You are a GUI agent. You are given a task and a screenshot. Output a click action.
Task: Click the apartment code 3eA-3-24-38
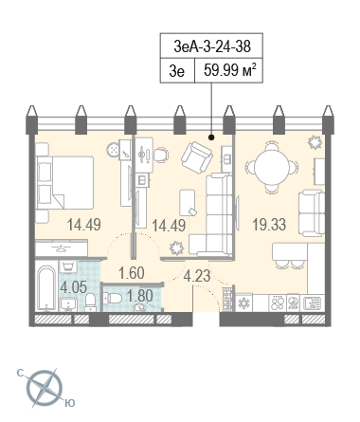[x=212, y=46]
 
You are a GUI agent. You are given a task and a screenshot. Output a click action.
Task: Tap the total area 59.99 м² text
[x=229, y=70]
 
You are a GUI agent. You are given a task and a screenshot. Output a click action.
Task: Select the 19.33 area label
[x=269, y=225]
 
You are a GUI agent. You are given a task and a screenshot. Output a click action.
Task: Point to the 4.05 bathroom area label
[x=73, y=287]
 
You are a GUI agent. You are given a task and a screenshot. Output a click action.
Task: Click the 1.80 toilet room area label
[x=140, y=296]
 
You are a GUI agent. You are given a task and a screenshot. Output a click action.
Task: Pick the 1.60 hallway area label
[x=132, y=273]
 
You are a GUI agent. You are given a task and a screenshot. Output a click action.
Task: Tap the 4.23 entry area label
[x=197, y=276]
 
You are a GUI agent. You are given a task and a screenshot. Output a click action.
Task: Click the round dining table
[x=272, y=167]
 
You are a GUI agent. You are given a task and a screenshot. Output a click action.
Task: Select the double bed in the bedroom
[x=64, y=183]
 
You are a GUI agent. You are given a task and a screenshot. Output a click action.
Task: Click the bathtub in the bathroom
[x=46, y=288]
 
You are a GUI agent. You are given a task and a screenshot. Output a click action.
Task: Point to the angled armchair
[x=197, y=157]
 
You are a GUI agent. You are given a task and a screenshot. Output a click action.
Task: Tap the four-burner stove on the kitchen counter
[x=277, y=303]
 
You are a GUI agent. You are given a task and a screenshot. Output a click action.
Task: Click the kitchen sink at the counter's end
[x=312, y=303]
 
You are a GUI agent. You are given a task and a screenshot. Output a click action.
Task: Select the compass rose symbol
[x=45, y=388]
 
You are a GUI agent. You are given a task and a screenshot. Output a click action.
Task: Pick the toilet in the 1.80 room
[x=113, y=298]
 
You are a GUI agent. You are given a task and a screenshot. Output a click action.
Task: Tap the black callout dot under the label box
[x=211, y=138]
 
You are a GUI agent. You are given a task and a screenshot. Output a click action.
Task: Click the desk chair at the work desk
[x=161, y=156]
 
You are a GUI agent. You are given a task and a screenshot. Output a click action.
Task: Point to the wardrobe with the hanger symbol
[x=62, y=248]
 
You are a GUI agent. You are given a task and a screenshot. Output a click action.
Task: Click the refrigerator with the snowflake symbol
[x=243, y=303]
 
